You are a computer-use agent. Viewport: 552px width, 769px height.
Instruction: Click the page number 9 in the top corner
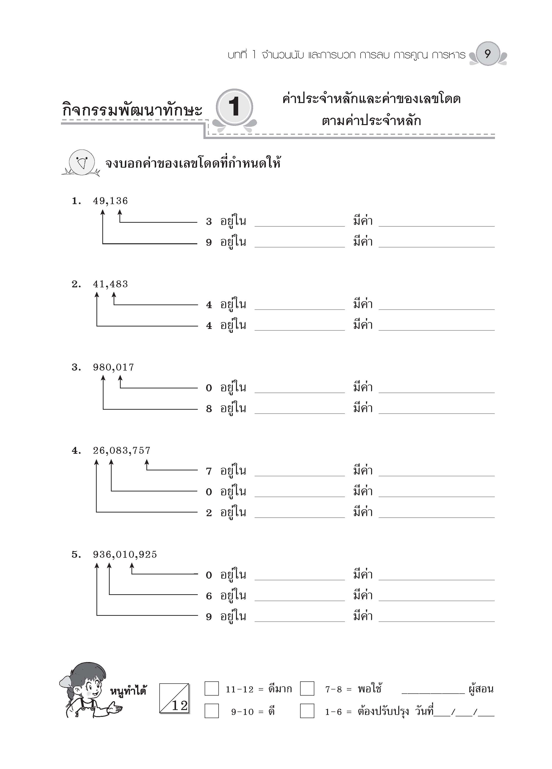[x=488, y=54]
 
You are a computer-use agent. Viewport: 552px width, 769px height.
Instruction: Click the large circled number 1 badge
[x=234, y=107]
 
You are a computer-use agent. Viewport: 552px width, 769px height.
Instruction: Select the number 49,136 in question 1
[x=110, y=201]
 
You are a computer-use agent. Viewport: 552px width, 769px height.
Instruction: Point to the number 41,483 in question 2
[x=110, y=284]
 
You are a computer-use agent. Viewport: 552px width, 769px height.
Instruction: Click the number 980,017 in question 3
[x=113, y=367]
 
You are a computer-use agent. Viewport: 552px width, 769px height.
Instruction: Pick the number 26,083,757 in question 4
[x=121, y=451]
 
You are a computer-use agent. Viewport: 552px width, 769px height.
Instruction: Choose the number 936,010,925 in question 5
[x=125, y=555]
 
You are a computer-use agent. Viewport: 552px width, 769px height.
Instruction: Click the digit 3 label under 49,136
[x=209, y=222]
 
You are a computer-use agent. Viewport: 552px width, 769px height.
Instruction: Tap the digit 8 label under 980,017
[x=209, y=409]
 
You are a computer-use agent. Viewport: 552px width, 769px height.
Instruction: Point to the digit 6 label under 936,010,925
[x=209, y=596]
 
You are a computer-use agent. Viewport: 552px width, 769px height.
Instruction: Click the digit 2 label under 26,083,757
[x=209, y=513]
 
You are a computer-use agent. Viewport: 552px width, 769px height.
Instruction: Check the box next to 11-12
[x=211, y=689]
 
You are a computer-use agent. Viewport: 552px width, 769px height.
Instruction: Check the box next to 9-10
[x=211, y=711]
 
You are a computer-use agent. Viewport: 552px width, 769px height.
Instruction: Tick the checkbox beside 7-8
[x=307, y=689]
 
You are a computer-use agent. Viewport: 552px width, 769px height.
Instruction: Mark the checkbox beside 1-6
[x=307, y=711]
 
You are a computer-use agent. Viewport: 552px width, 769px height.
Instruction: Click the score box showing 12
[x=174, y=699]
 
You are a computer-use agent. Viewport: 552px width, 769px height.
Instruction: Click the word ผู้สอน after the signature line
[x=481, y=689]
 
